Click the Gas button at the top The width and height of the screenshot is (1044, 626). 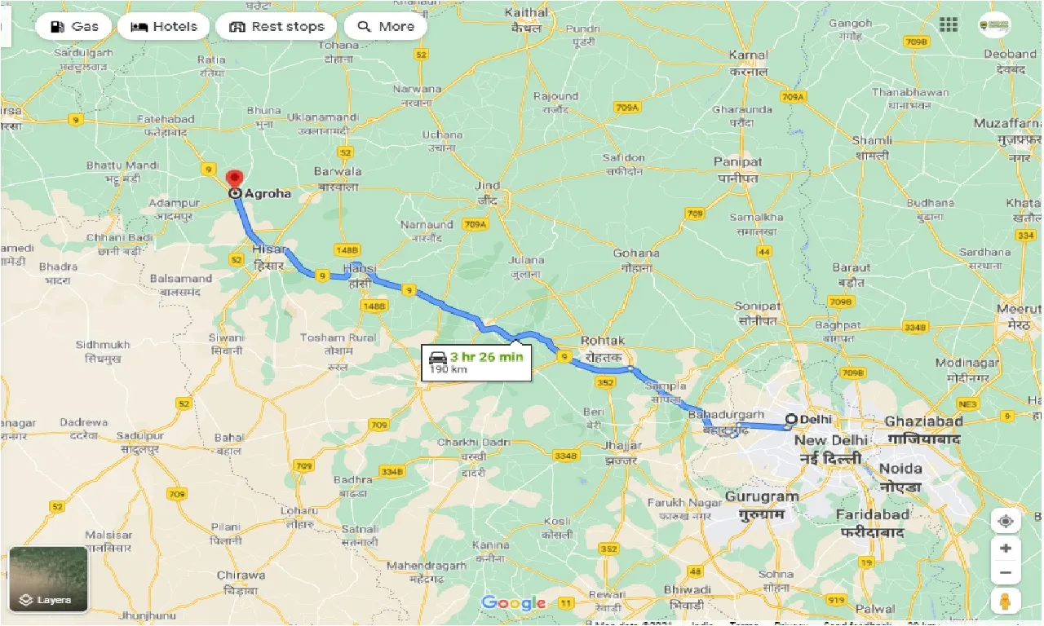[x=74, y=26]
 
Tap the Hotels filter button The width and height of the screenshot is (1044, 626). [x=164, y=26]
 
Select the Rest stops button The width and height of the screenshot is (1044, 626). [x=276, y=26]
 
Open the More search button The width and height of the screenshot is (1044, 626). [x=386, y=26]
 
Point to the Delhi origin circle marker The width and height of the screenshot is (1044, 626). [x=790, y=420]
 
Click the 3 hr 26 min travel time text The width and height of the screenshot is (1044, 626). [x=486, y=356]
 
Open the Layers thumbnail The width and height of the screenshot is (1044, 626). [x=49, y=579]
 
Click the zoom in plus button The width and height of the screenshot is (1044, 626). [x=1006, y=548]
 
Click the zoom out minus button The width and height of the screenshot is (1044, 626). [x=1006, y=573]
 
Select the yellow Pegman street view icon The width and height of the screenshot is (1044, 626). [x=1006, y=602]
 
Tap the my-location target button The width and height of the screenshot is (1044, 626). [x=1006, y=522]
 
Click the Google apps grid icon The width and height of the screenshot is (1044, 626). [x=949, y=25]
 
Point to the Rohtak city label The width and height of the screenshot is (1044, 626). [x=603, y=341]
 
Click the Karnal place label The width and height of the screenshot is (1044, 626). [x=748, y=55]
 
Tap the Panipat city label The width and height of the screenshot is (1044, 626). [x=737, y=162]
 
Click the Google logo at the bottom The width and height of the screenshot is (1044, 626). [x=514, y=603]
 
